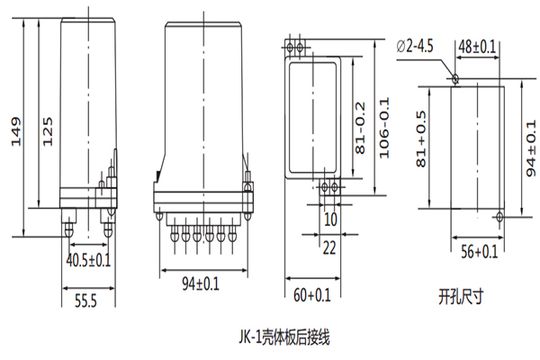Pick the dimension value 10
pos(330,219)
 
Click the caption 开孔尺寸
pos(462,293)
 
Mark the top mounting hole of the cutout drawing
pos(455,79)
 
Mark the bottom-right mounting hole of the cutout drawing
pos(499,216)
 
